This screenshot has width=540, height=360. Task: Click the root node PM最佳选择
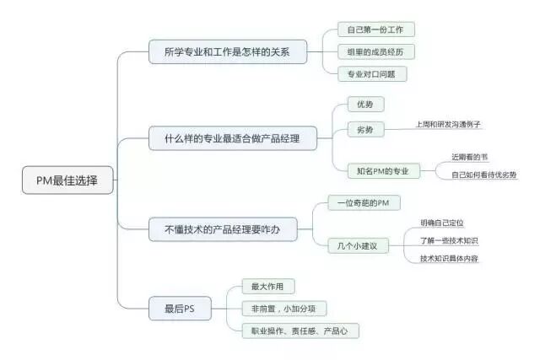(x=67, y=180)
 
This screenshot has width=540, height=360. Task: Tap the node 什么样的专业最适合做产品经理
(x=232, y=137)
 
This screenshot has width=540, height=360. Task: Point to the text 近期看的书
(x=469, y=157)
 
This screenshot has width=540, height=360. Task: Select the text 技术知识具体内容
(x=449, y=258)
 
